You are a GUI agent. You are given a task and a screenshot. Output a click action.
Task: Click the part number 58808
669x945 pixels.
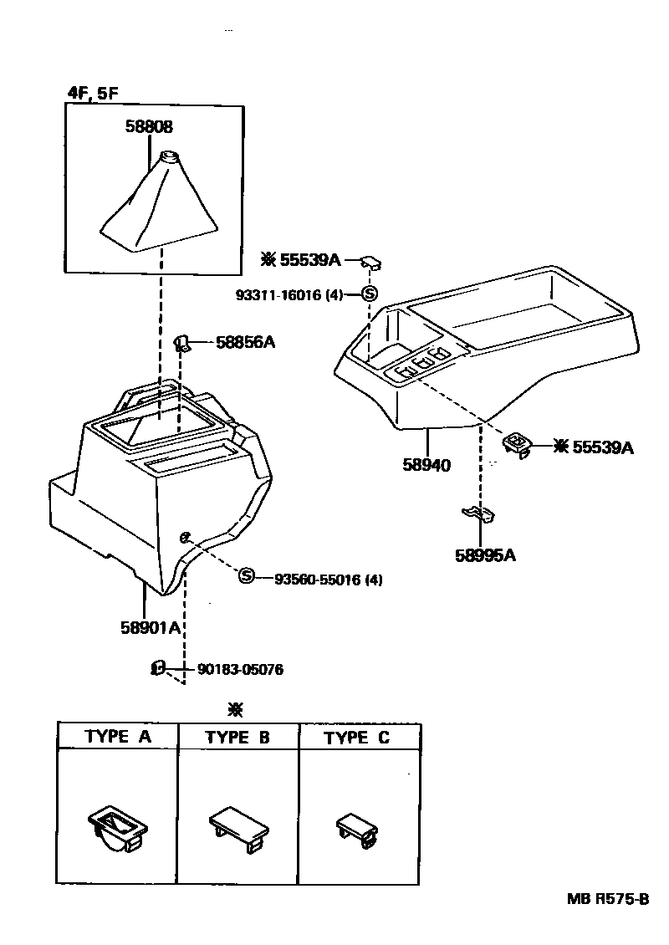click(150, 128)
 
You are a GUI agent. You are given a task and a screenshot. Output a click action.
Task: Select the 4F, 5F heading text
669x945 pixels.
click(93, 94)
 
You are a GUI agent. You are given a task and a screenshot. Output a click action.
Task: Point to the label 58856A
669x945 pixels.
click(246, 341)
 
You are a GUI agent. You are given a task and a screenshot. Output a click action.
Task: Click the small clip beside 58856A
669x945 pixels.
click(181, 340)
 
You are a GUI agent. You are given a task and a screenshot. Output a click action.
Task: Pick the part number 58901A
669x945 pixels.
click(151, 628)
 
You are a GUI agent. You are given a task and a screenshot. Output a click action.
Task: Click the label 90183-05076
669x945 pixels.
click(239, 669)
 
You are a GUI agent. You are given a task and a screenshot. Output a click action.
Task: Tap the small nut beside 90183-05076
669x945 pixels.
click(156, 667)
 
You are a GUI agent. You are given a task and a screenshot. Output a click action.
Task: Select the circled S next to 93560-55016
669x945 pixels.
click(246, 575)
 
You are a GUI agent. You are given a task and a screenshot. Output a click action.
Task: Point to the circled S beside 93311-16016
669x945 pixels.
click(370, 294)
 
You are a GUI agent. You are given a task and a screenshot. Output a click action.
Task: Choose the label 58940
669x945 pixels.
click(426, 465)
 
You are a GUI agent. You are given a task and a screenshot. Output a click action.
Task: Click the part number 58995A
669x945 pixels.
click(486, 554)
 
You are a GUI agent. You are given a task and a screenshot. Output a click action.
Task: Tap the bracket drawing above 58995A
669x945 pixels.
click(478, 513)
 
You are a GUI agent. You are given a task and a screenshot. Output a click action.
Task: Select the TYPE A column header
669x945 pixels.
click(118, 737)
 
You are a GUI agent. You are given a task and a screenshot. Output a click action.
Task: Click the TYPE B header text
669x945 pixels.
click(238, 737)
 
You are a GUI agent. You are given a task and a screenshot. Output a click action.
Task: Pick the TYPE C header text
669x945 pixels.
click(357, 737)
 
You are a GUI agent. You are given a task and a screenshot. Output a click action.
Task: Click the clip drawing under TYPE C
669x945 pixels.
click(357, 828)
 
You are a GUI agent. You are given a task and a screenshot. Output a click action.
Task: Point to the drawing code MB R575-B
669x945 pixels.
click(608, 900)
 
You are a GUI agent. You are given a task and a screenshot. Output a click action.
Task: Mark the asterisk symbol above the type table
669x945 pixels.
click(236, 710)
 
